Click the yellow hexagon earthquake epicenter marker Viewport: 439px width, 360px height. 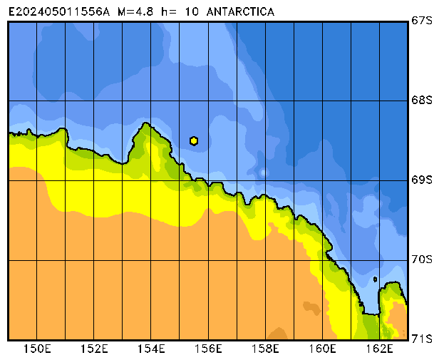click(194, 140)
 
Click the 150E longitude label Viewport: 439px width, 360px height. click(36, 349)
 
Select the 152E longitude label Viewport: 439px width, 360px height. click(93, 349)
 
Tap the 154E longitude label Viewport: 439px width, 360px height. click(151, 349)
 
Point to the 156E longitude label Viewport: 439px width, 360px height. click(208, 349)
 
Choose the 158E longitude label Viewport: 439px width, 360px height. click(265, 349)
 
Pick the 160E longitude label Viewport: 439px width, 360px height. click(323, 349)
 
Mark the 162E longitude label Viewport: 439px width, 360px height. click(380, 349)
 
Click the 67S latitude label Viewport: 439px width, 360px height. click(422, 21)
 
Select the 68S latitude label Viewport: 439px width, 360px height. click(422, 101)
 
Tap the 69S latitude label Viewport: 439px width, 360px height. click(422, 180)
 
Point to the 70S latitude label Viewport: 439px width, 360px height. click(422, 259)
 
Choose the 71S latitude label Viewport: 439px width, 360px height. click(422, 339)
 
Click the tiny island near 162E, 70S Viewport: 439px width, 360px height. click(376, 279)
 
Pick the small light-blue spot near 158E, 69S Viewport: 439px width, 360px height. click(264, 173)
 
